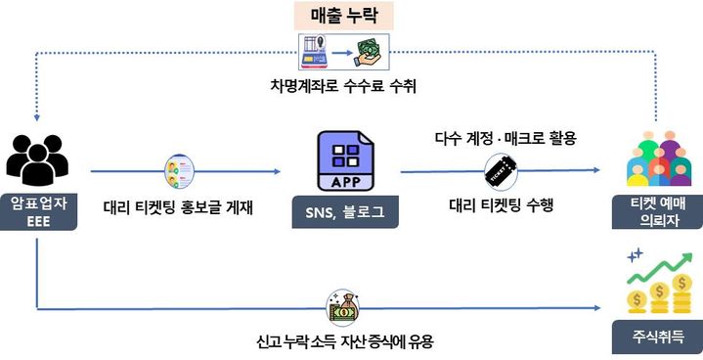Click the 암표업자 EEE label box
coord(37,212)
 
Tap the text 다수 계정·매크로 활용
coord(505,139)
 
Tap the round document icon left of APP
coord(180,172)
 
